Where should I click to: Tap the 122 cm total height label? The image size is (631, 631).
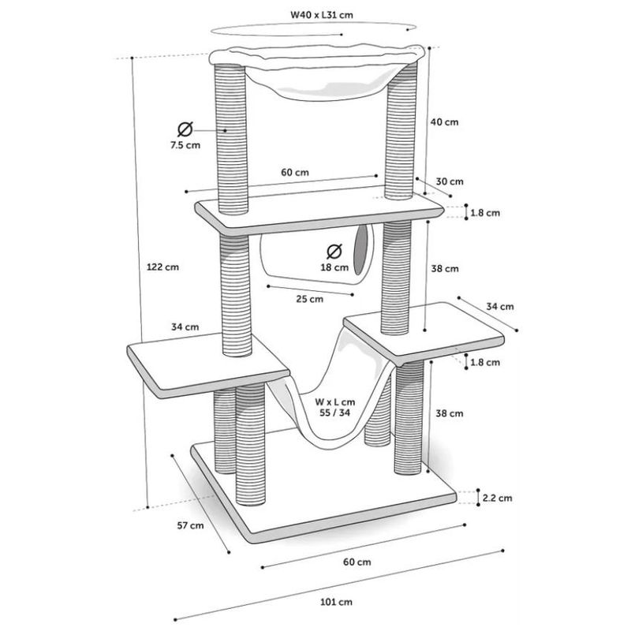(162, 267)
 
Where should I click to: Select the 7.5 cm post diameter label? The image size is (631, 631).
(184, 146)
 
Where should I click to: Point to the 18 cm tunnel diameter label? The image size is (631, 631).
(334, 267)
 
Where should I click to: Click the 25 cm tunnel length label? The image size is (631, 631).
(310, 299)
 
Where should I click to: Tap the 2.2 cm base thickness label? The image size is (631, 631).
(498, 498)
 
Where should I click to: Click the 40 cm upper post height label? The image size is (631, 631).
(446, 122)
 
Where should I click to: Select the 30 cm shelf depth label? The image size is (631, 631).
(450, 181)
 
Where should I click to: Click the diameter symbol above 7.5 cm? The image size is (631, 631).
(184, 129)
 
